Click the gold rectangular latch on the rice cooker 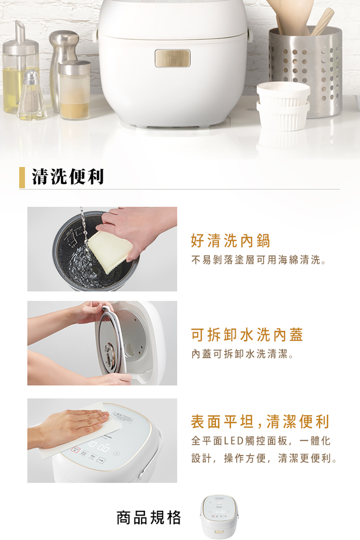point(172,58)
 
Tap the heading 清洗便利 point(68,177)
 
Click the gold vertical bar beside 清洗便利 point(22,177)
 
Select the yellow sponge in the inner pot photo point(110,251)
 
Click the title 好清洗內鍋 point(230,240)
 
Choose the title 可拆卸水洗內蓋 point(247,334)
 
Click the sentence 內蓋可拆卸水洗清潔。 point(242,354)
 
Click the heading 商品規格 point(149,517)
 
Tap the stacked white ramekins point(283,106)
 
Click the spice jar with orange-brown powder point(75,90)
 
